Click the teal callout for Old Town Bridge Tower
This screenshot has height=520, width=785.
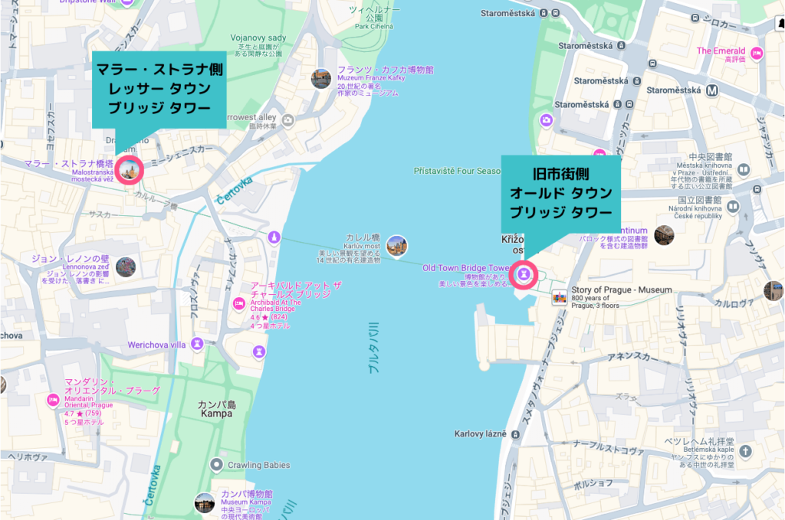560,192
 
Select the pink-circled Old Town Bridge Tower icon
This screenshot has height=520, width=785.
525,273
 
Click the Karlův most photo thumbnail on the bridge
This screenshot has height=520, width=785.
396,245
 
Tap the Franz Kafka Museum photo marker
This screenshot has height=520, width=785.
320,78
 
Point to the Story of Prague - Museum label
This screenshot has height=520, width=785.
621,290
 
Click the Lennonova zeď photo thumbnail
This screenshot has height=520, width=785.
126,267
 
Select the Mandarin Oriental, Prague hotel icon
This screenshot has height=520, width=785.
53,399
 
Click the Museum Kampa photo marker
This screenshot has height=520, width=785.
204,502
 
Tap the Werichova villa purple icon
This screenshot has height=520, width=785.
198,344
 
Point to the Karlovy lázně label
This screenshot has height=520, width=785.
480,433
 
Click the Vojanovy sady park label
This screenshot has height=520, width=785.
258,38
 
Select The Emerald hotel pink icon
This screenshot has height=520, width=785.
757,53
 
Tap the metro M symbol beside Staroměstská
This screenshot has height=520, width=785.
712,90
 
